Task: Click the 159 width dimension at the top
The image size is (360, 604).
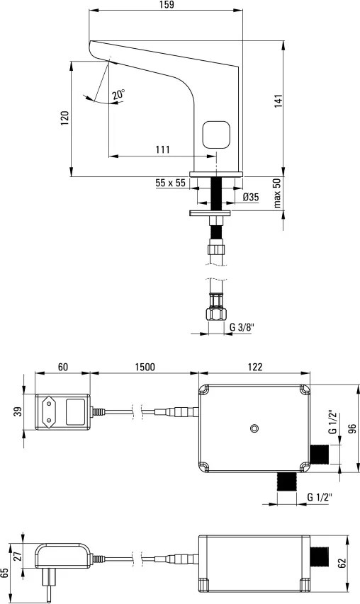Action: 166,5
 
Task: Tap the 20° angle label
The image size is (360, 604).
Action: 118,95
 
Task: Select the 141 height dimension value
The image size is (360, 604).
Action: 279,101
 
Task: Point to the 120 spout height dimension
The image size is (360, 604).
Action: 64,118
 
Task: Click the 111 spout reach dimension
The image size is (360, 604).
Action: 163,149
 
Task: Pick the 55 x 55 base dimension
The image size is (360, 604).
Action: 170,183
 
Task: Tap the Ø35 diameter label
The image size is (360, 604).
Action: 251,198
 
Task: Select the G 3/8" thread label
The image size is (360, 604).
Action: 242,327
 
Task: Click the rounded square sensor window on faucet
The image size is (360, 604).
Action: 216,135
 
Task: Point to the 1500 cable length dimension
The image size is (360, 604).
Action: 145,367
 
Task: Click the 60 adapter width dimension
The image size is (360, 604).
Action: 63,367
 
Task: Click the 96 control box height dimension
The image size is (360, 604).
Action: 352,428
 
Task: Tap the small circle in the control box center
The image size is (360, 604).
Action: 254,428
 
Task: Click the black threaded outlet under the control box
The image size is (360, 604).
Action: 287,482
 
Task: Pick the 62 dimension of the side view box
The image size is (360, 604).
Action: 342,563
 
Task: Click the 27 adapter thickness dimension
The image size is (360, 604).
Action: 16,556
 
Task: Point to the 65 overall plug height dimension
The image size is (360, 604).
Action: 5,573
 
